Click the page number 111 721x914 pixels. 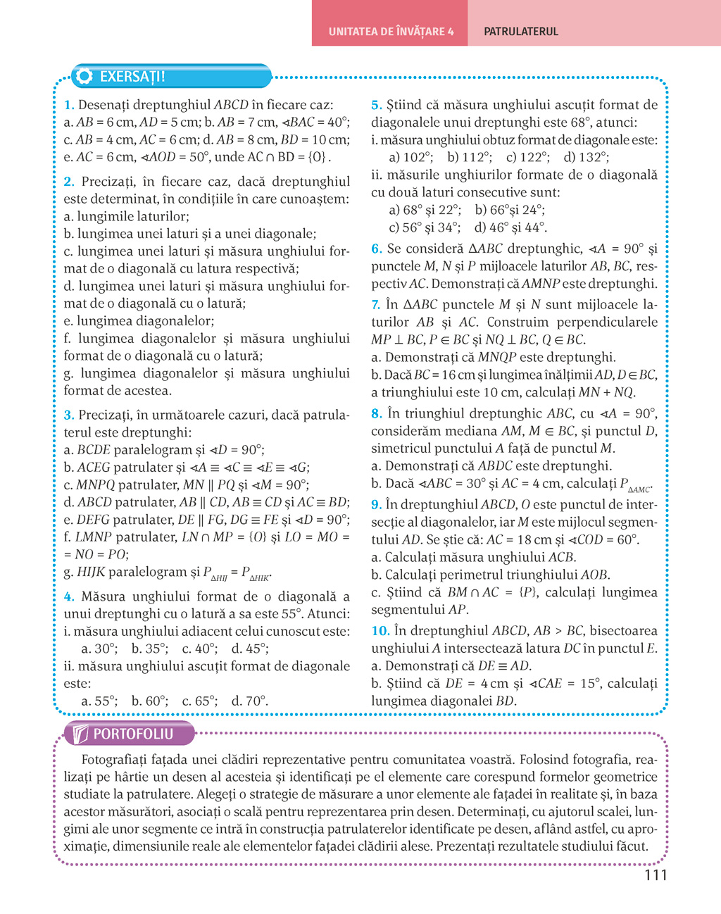(655, 875)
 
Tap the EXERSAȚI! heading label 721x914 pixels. (132, 77)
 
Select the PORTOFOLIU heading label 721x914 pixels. (133, 734)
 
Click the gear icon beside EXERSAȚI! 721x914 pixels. (85, 77)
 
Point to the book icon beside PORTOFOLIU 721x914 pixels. (80, 734)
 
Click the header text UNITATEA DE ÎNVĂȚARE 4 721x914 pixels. (391, 32)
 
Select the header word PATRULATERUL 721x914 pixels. (521, 32)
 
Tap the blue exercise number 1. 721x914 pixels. (68, 105)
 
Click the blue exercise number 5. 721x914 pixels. (376, 105)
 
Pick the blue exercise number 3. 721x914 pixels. (68, 415)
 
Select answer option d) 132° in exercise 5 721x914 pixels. (587, 157)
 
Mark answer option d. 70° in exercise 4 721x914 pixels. (250, 701)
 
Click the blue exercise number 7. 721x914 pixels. (375, 305)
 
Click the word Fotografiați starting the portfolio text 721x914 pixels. (114, 760)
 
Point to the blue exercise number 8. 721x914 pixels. (376, 413)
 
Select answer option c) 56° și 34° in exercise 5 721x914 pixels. (425, 227)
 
